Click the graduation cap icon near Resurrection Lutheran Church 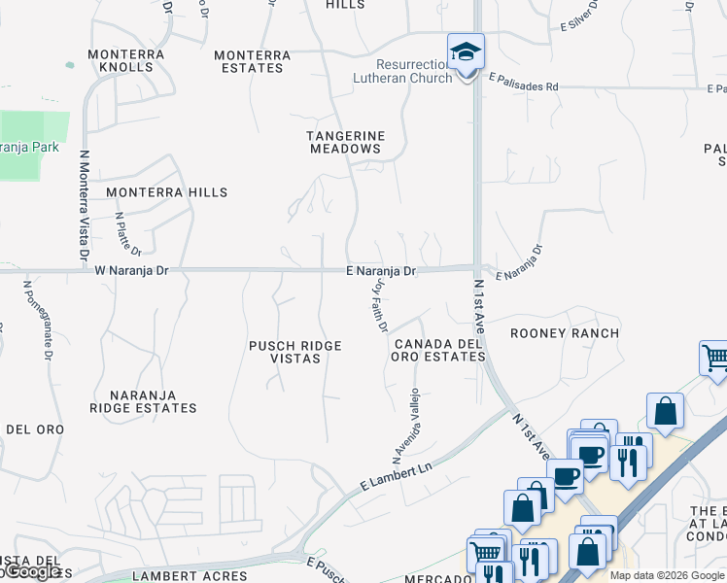click(x=466, y=51)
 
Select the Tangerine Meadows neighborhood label click(x=346, y=142)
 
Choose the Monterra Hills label click(x=166, y=192)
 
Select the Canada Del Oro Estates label click(x=438, y=350)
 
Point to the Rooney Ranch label click(x=565, y=333)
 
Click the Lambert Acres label click(x=203, y=576)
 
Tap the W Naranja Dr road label click(x=132, y=271)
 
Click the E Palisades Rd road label click(x=524, y=86)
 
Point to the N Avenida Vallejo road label click(x=405, y=425)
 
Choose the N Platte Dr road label click(x=128, y=233)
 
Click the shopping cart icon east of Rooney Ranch click(x=714, y=358)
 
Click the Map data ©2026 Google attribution click(x=667, y=575)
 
